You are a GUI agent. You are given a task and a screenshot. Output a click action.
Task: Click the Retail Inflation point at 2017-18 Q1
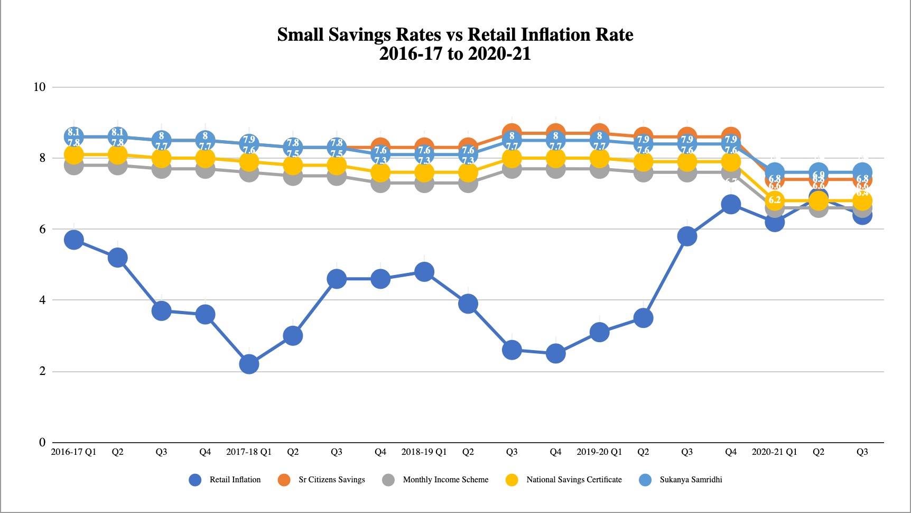249,364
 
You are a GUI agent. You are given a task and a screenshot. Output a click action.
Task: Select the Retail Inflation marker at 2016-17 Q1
73,240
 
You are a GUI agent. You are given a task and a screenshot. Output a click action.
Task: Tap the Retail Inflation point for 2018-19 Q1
424,272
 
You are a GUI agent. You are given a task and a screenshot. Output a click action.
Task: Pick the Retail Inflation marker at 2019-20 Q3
687,236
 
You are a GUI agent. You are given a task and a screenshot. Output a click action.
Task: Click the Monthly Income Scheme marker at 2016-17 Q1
73,166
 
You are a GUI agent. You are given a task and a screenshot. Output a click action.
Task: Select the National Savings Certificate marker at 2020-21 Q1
775,200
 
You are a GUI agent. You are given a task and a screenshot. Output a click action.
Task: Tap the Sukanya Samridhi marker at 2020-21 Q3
862,172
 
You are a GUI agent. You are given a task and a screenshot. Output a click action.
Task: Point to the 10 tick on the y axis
40,87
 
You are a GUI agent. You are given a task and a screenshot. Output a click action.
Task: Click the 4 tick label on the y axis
42,300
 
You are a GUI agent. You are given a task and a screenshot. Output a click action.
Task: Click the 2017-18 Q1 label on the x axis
249,452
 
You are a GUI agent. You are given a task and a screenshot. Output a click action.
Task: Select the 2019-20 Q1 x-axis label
599,452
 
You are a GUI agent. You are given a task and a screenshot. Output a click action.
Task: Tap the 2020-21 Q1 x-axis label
775,452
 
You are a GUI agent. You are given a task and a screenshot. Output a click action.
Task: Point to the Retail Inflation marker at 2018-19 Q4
555,353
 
